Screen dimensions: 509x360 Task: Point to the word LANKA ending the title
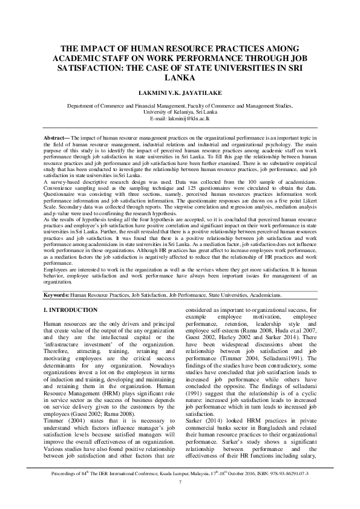(x=180, y=78)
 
